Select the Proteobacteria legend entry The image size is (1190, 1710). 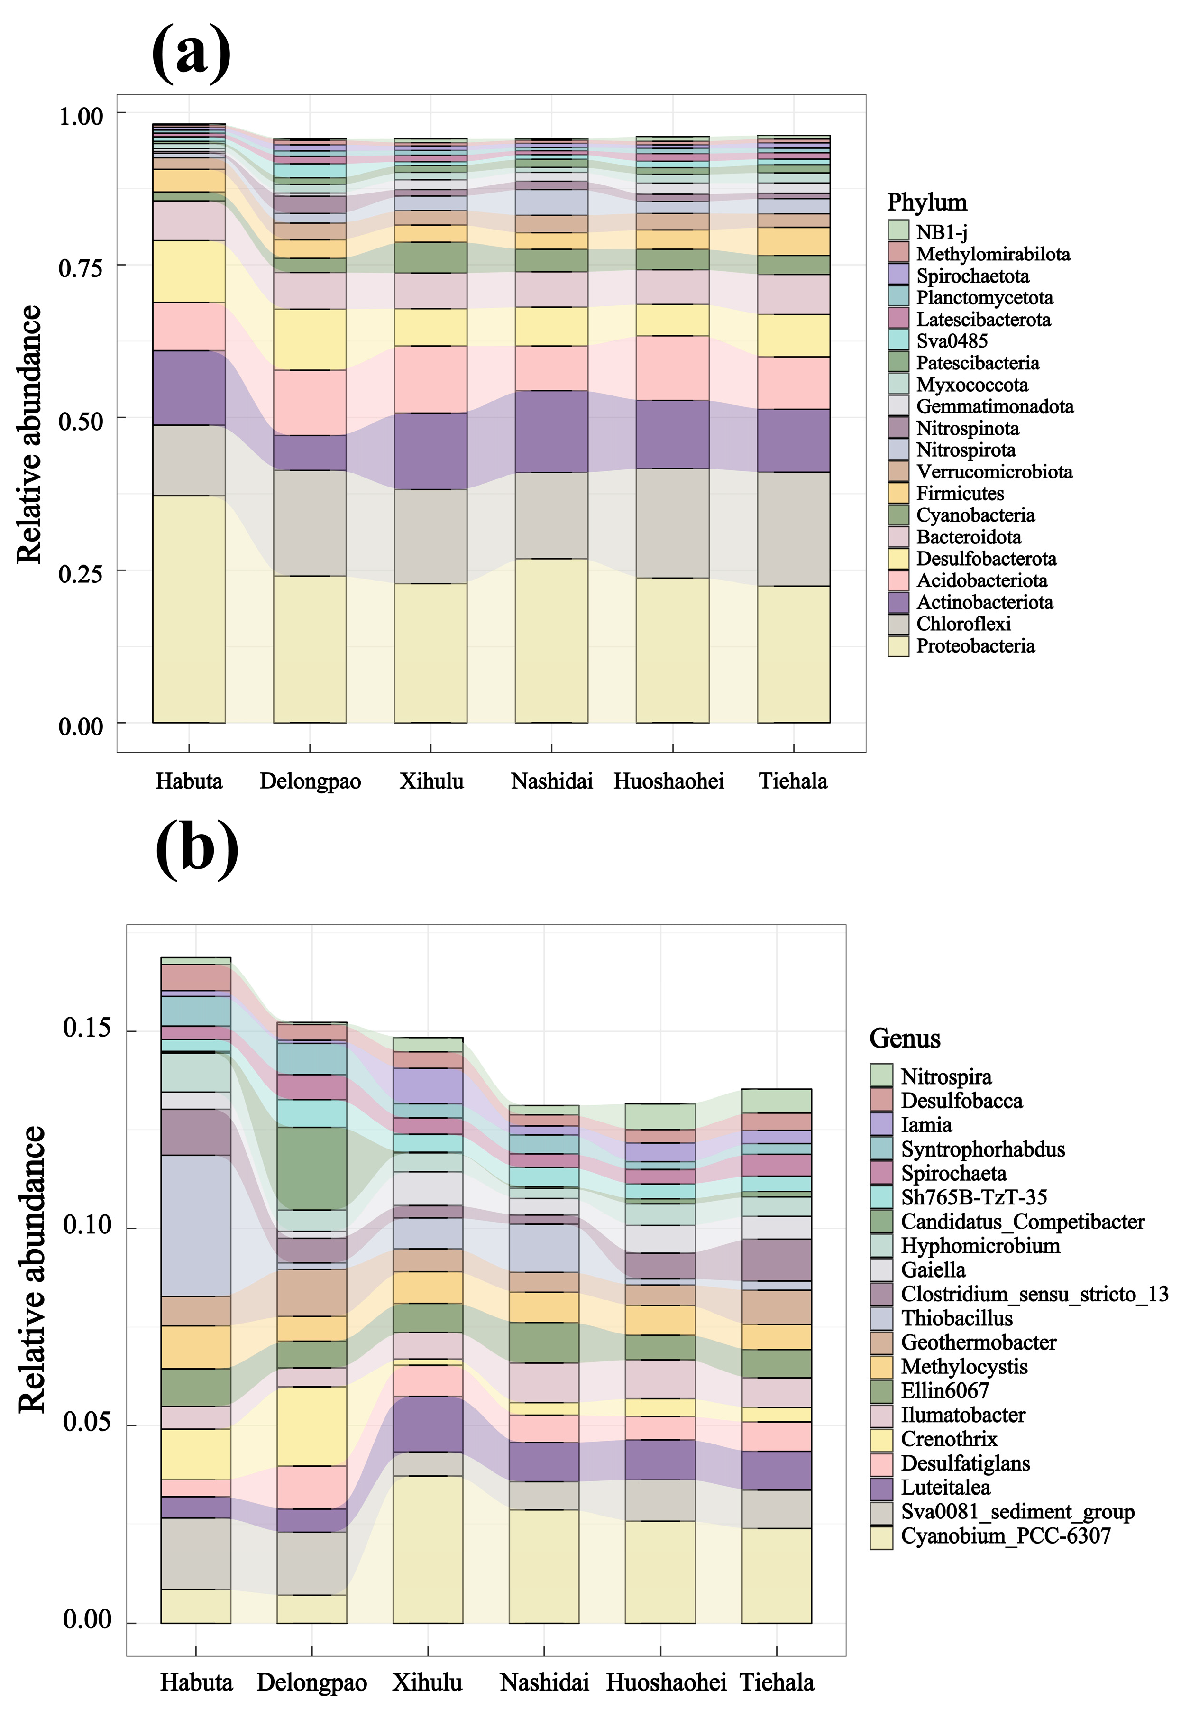[x=975, y=646]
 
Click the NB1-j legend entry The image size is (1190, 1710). [x=941, y=232]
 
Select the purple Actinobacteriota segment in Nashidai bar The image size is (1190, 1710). [x=551, y=431]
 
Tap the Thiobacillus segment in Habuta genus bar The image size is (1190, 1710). [x=195, y=1226]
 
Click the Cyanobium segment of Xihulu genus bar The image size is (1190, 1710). [x=428, y=1550]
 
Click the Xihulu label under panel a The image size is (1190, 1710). [x=431, y=781]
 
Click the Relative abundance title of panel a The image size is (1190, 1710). [x=30, y=434]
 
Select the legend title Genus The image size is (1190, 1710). [x=904, y=1038]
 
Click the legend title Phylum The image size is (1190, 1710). [x=926, y=202]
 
